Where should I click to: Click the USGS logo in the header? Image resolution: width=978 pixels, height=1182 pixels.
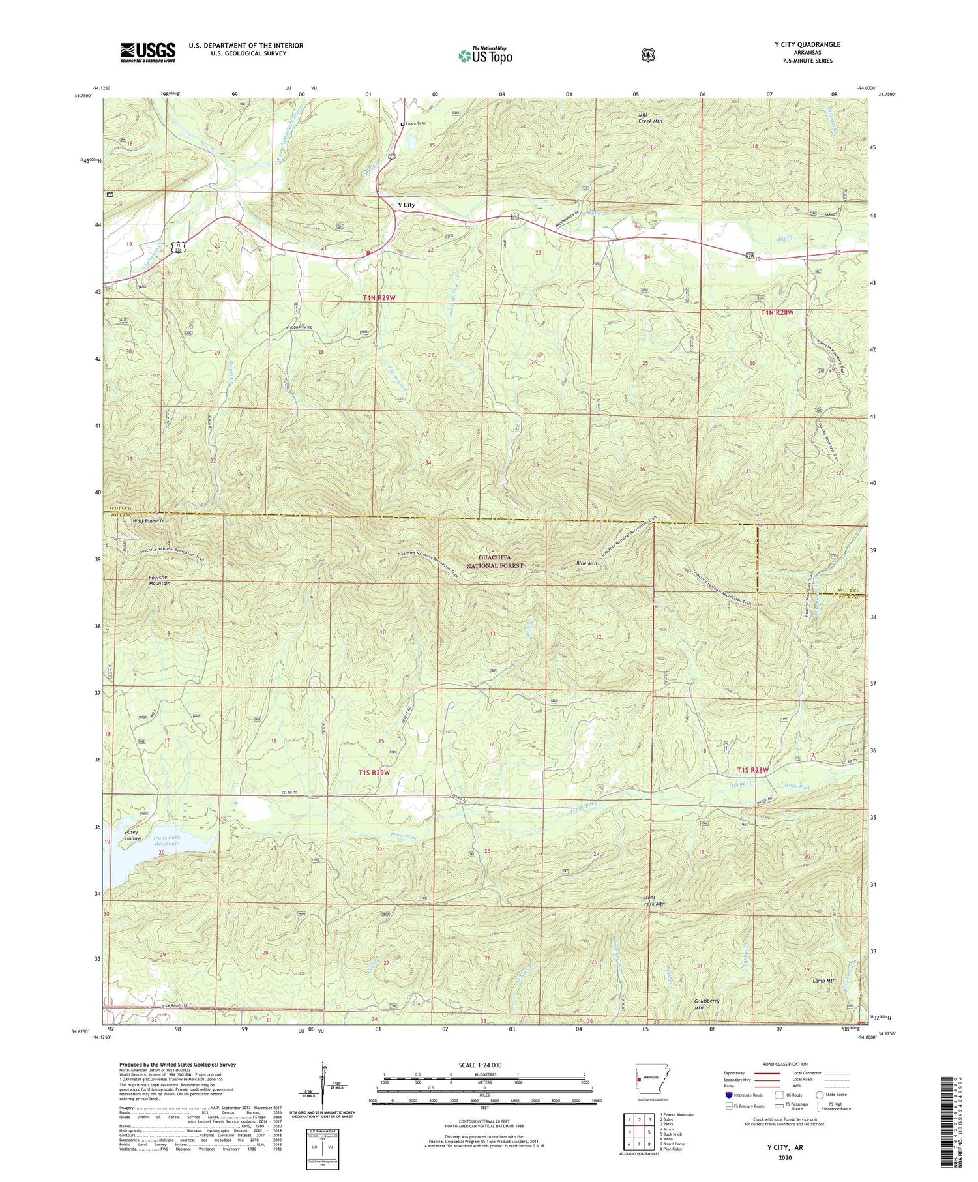147,52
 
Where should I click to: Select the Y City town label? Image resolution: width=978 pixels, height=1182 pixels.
406,205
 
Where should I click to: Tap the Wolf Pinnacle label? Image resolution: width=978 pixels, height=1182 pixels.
149,522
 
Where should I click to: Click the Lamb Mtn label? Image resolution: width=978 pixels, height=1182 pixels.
824,981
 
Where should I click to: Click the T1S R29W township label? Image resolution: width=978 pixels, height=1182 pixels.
374,773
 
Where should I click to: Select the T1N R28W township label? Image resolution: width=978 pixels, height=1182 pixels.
778,313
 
